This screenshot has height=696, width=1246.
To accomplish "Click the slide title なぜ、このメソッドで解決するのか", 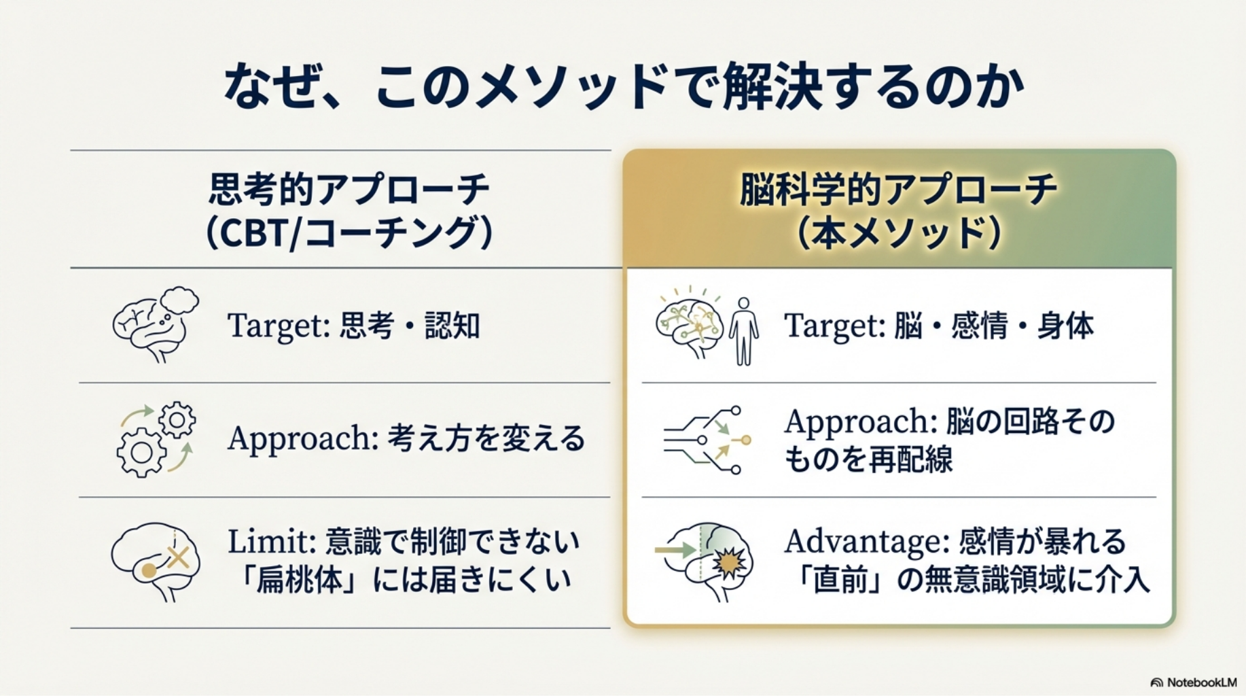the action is pyautogui.click(x=623, y=87).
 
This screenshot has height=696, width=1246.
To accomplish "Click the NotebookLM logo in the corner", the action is pyautogui.click(x=1194, y=682).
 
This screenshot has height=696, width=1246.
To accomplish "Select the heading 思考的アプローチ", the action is pyautogui.click(x=349, y=189).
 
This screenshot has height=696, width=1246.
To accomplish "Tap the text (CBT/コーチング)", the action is pyautogui.click(x=349, y=233).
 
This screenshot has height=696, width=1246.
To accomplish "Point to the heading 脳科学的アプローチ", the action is pyautogui.click(x=898, y=189).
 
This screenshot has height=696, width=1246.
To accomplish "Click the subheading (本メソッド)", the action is pyautogui.click(x=898, y=233).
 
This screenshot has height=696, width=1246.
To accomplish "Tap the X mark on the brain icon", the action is pyautogui.click(x=178, y=558).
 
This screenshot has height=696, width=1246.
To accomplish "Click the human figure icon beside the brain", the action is pyautogui.click(x=743, y=331).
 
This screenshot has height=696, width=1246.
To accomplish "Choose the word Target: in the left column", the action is pyautogui.click(x=279, y=326).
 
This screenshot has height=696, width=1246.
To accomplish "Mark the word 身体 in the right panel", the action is pyautogui.click(x=1065, y=326).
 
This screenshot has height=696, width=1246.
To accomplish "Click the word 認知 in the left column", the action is pyautogui.click(x=452, y=326).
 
